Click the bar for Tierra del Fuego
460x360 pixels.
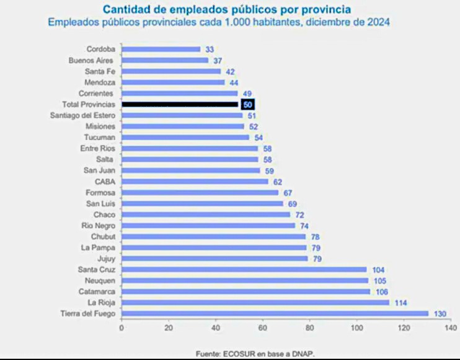tap(275, 314)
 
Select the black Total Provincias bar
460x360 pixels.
tap(180, 105)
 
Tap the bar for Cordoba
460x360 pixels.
tap(161, 49)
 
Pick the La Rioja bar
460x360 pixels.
tap(255, 302)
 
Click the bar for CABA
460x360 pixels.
tap(195, 182)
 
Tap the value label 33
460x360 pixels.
tap(210, 49)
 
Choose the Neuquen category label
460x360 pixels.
tap(100, 281)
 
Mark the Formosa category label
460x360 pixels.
tap(100, 193)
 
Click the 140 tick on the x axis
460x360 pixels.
tap(451, 328)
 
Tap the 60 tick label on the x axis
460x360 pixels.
tap(263, 328)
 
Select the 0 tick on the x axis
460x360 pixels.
tap(122, 328)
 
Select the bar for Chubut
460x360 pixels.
tap(214, 237)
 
